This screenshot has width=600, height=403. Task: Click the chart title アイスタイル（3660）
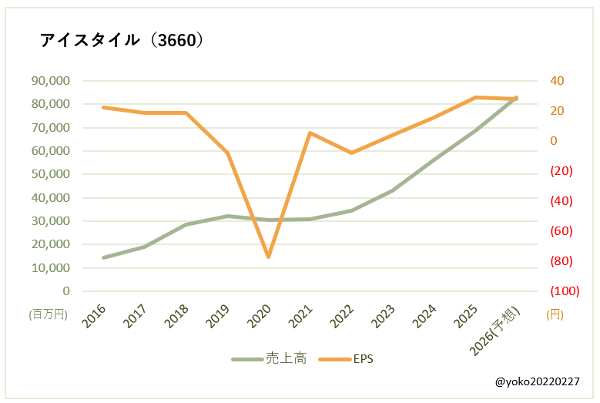pos(122,40)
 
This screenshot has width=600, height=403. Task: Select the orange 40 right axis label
pos(557,80)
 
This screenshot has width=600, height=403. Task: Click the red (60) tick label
pos(563,231)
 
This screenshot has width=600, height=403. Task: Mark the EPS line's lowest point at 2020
pos(269,257)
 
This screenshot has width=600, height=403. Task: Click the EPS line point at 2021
pos(310,133)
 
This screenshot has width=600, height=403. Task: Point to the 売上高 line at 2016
pos(103,257)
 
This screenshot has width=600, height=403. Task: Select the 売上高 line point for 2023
pos(392,190)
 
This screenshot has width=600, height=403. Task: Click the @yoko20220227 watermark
pos(537,381)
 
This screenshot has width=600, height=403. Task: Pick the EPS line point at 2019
pos(227,153)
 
